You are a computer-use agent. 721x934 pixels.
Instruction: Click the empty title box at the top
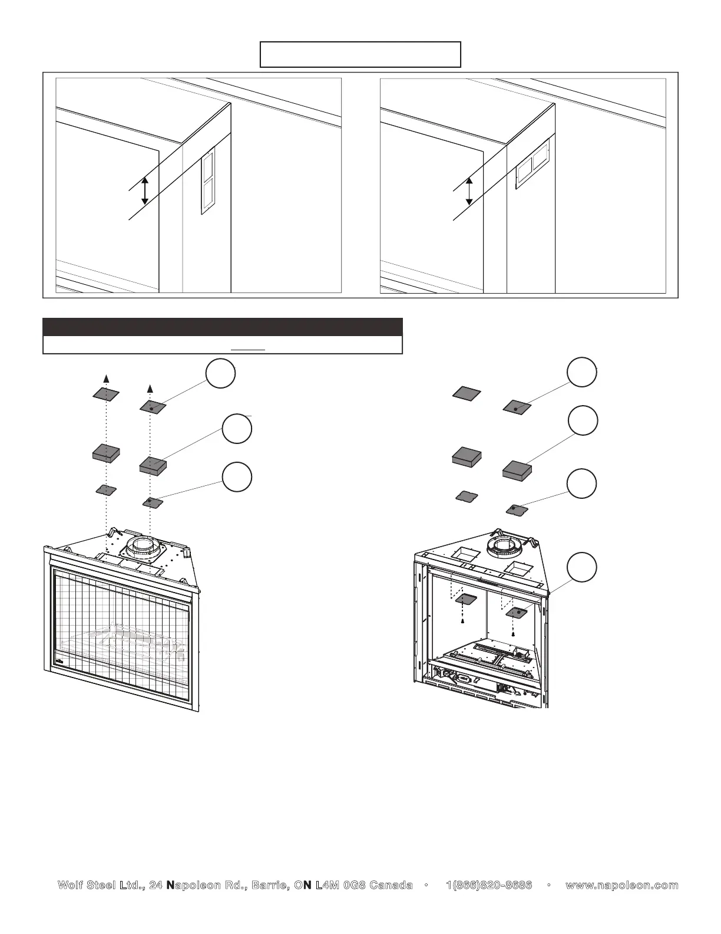[360, 54]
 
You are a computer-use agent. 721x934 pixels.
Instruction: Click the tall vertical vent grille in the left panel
[207, 179]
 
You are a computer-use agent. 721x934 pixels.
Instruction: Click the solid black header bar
[222, 327]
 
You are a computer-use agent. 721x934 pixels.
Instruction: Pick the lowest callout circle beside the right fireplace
[582, 567]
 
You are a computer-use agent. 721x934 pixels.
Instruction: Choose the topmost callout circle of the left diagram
[220, 374]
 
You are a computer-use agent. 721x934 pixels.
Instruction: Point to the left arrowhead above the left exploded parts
[106, 377]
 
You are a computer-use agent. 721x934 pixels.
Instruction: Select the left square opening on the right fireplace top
[464, 554]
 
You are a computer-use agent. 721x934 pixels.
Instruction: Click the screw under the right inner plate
[513, 634]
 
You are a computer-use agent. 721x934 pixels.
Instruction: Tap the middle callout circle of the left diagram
[237, 429]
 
